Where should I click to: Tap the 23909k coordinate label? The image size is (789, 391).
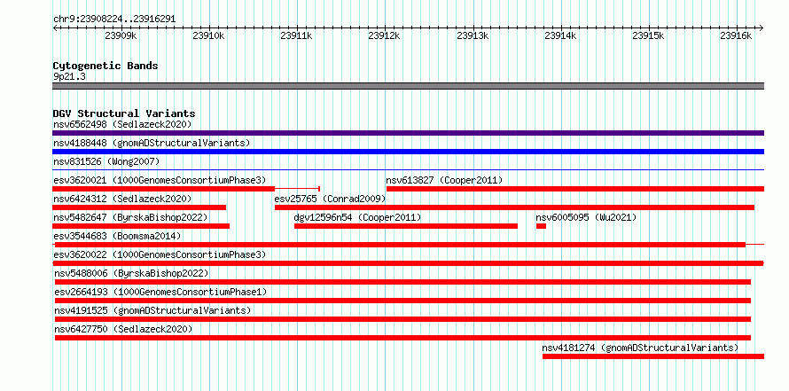point(121,35)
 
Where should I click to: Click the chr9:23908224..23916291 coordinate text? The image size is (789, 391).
point(114,20)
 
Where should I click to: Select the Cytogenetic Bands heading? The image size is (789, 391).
point(105,66)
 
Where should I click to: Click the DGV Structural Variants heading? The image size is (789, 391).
point(124,113)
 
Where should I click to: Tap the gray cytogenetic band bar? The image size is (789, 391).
point(408,86)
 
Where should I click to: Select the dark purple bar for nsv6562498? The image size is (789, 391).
point(408,133)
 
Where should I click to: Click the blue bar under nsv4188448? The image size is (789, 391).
point(408,152)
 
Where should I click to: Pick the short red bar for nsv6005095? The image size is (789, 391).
point(541,226)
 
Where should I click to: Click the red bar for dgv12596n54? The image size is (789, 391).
point(406,226)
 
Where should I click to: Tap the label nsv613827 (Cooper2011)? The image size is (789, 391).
point(444,180)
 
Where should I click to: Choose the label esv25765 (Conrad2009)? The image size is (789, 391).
point(330,199)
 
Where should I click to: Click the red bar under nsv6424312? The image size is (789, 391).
point(139,207)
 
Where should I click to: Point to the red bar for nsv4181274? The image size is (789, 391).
point(653,356)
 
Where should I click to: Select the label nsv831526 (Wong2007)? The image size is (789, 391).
point(106,161)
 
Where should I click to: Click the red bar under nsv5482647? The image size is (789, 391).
point(141,226)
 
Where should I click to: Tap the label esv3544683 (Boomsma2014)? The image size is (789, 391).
point(117,236)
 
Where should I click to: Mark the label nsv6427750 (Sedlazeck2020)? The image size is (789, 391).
point(123,329)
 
